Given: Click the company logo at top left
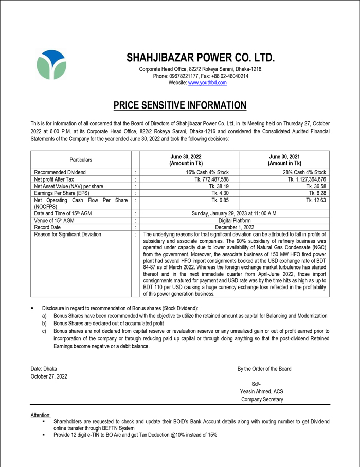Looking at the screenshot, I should (x=51, y=65).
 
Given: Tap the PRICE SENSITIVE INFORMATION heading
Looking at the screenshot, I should (x=180, y=106).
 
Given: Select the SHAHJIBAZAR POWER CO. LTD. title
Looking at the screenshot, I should (x=201, y=57).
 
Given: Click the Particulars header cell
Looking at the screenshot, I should (x=80, y=160).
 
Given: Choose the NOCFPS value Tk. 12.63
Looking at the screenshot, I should (x=316, y=200).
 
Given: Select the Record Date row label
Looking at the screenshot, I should (x=47, y=227).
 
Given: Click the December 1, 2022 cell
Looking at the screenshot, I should (x=234, y=227).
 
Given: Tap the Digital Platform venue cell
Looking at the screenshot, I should (x=234, y=220).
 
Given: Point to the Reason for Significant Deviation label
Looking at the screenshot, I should (x=67, y=235).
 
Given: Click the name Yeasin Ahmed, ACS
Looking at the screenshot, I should (x=261, y=391).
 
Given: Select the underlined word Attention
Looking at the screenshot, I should (x=41, y=415).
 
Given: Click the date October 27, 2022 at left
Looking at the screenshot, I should (x=49, y=376).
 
